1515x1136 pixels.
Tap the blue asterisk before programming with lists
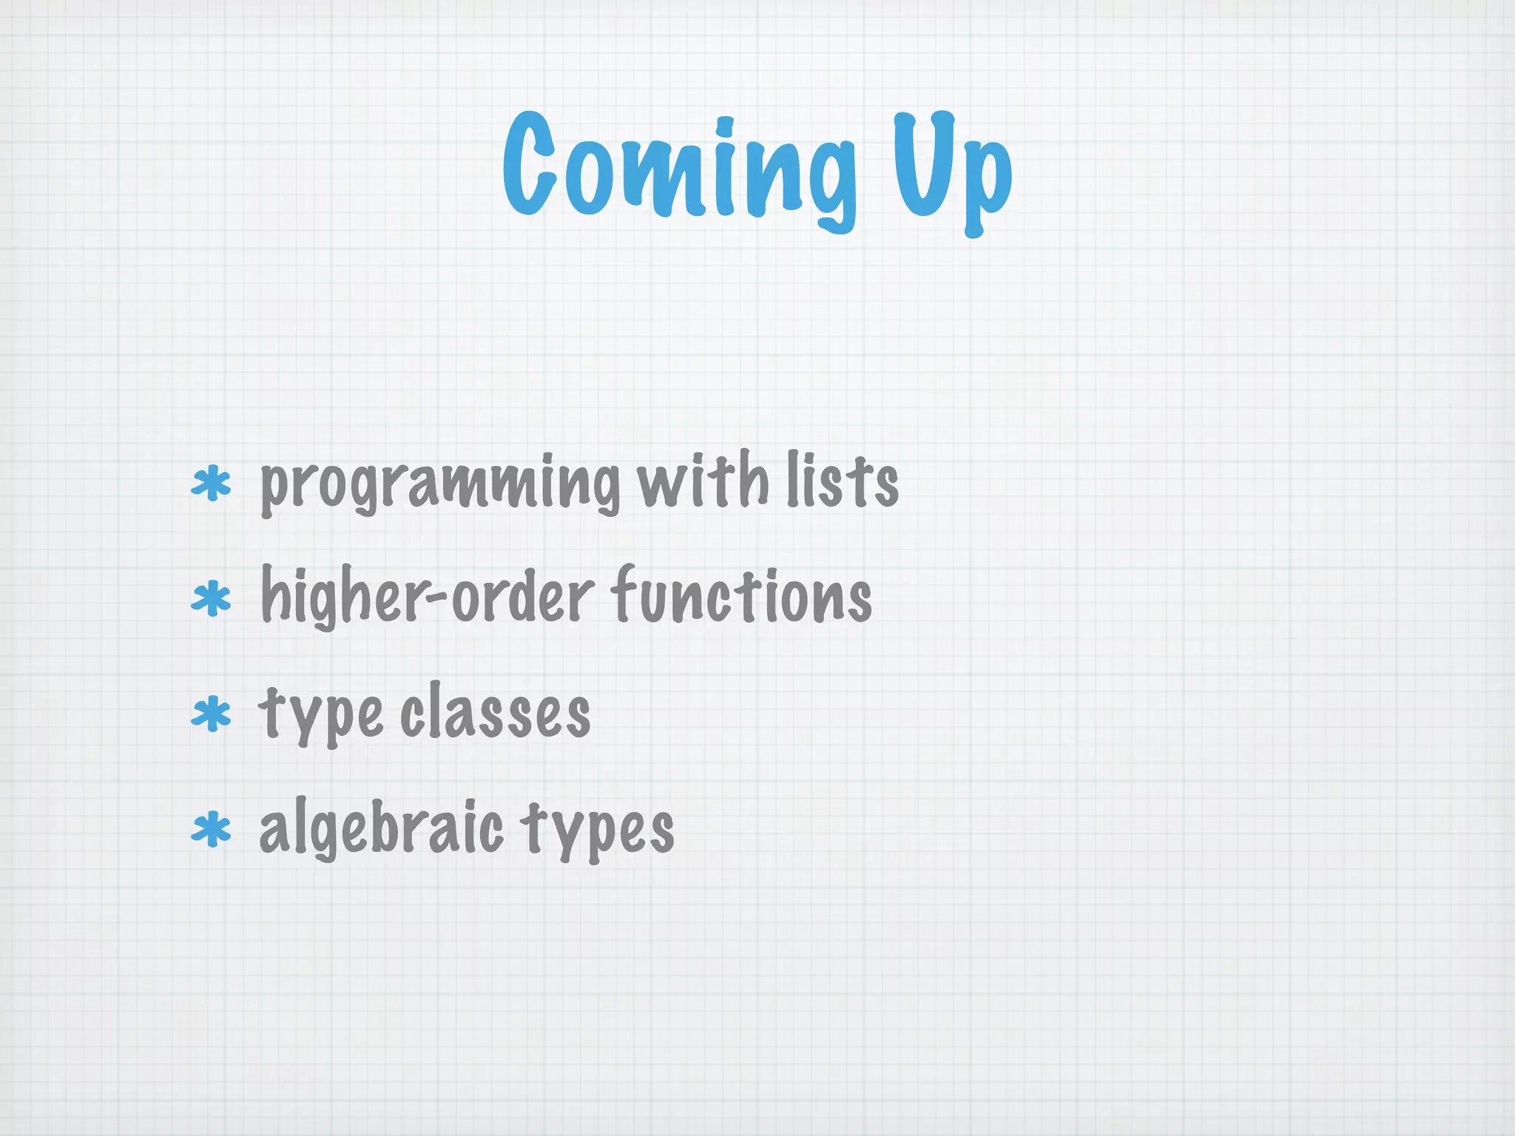click(x=212, y=484)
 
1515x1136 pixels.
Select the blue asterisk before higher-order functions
click(x=212, y=599)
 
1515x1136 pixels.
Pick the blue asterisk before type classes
click(x=212, y=714)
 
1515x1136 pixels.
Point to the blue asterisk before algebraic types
click(x=212, y=830)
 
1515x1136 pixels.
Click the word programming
click(x=440, y=484)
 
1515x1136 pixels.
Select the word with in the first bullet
click(x=703, y=481)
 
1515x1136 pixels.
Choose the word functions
click(x=742, y=595)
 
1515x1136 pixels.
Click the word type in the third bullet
click(x=320, y=714)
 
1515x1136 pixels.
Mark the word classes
click(x=496, y=711)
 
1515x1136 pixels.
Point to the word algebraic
click(x=381, y=828)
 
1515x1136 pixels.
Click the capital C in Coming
click(x=530, y=164)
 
